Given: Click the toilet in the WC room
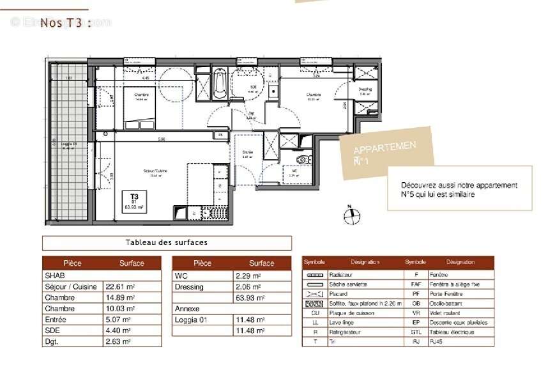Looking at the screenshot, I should (302, 159).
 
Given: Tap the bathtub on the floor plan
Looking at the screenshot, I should (219, 84).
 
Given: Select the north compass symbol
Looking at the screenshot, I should (351, 216).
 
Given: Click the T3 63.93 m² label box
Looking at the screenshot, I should (135, 202).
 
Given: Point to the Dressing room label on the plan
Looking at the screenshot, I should (365, 90).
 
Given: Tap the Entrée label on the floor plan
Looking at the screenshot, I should (248, 153).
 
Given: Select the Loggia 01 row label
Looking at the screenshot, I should (190, 320).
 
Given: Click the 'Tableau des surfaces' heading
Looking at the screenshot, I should (167, 243).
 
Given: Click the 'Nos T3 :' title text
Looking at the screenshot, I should (65, 23).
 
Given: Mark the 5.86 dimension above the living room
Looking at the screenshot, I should (162, 139).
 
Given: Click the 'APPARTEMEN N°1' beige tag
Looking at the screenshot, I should (386, 155).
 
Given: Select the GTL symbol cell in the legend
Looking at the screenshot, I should (416, 332).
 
